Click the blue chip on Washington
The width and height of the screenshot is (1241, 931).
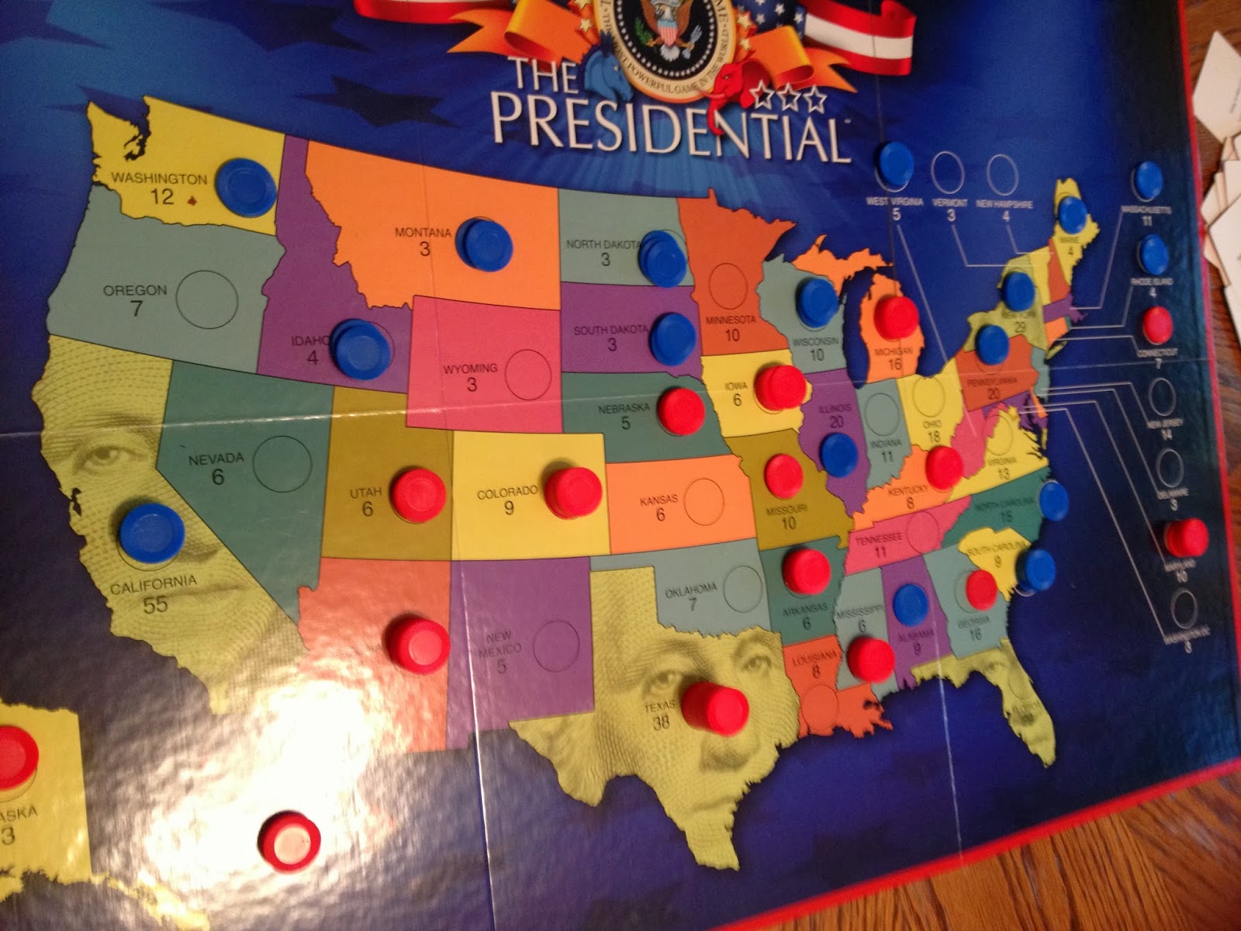click(x=246, y=186)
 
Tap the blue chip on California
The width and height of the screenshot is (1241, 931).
click(x=151, y=532)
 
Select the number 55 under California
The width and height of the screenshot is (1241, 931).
click(x=155, y=604)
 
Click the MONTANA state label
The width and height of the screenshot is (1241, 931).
click(x=423, y=232)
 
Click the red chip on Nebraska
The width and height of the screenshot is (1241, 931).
click(x=680, y=410)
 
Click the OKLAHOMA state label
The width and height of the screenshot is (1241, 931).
click(x=691, y=591)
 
